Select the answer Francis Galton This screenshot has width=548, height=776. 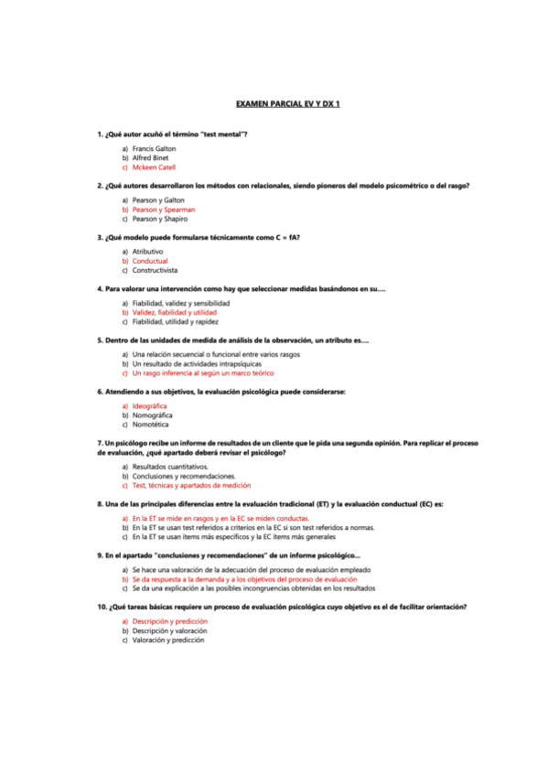click(x=154, y=147)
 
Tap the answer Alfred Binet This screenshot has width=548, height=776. click(x=150, y=157)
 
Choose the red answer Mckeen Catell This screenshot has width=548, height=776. click(x=154, y=167)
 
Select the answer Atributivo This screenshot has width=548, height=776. click(x=147, y=251)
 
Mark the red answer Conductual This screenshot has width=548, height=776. click(x=150, y=261)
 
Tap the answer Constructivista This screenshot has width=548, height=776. click(x=155, y=271)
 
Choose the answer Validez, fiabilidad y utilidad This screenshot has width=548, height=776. click(x=174, y=312)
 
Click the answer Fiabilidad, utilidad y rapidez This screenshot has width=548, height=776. click(x=175, y=322)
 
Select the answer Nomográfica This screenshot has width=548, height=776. click(x=152, y=415)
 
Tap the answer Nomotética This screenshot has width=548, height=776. click(x=150, y=426)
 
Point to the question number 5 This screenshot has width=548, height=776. click(x=100, y=340)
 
